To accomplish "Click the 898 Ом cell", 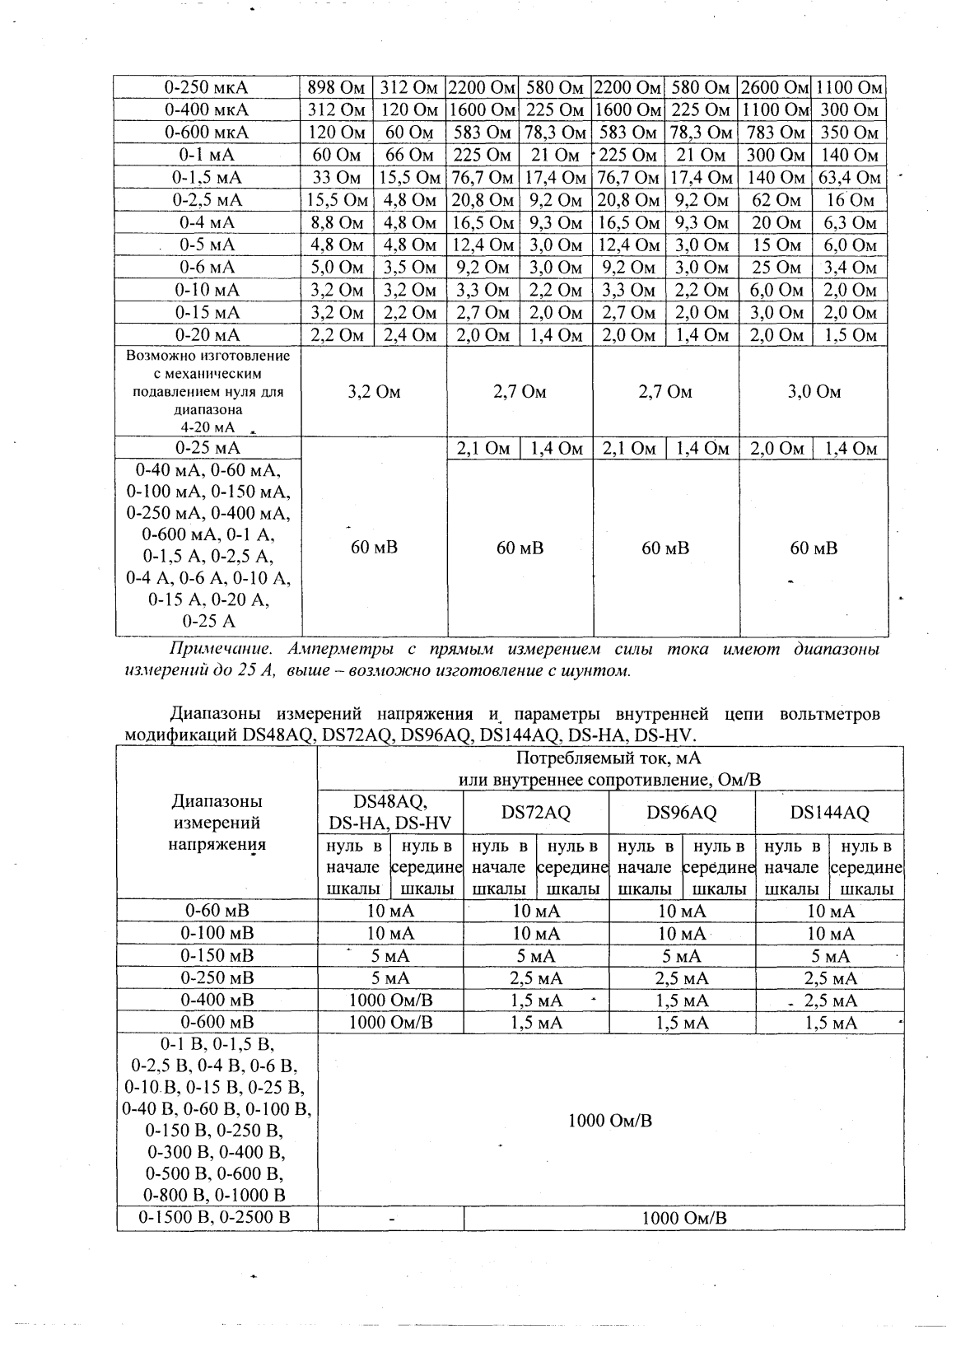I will click(336, 87).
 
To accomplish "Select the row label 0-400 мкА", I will click(206, 110).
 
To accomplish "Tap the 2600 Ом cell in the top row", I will click(775, 87).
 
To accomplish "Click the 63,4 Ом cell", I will click(850, 177).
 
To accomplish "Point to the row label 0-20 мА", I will click(207, 335).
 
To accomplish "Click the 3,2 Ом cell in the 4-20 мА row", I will click(374, 392).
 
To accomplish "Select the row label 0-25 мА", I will click(207, 448).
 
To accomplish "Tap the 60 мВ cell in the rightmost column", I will click(814, 548).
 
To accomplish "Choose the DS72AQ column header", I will click(536, 812).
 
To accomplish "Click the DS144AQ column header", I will click(829, 812).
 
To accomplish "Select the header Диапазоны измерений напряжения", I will click(217, 822).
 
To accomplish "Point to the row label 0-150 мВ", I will click(217, 956).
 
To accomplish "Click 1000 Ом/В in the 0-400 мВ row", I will click(390, 1001).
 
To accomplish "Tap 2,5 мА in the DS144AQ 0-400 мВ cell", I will click(830, 1001).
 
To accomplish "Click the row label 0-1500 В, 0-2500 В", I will click(217, 1218).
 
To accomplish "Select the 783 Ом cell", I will click(775, 133).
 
